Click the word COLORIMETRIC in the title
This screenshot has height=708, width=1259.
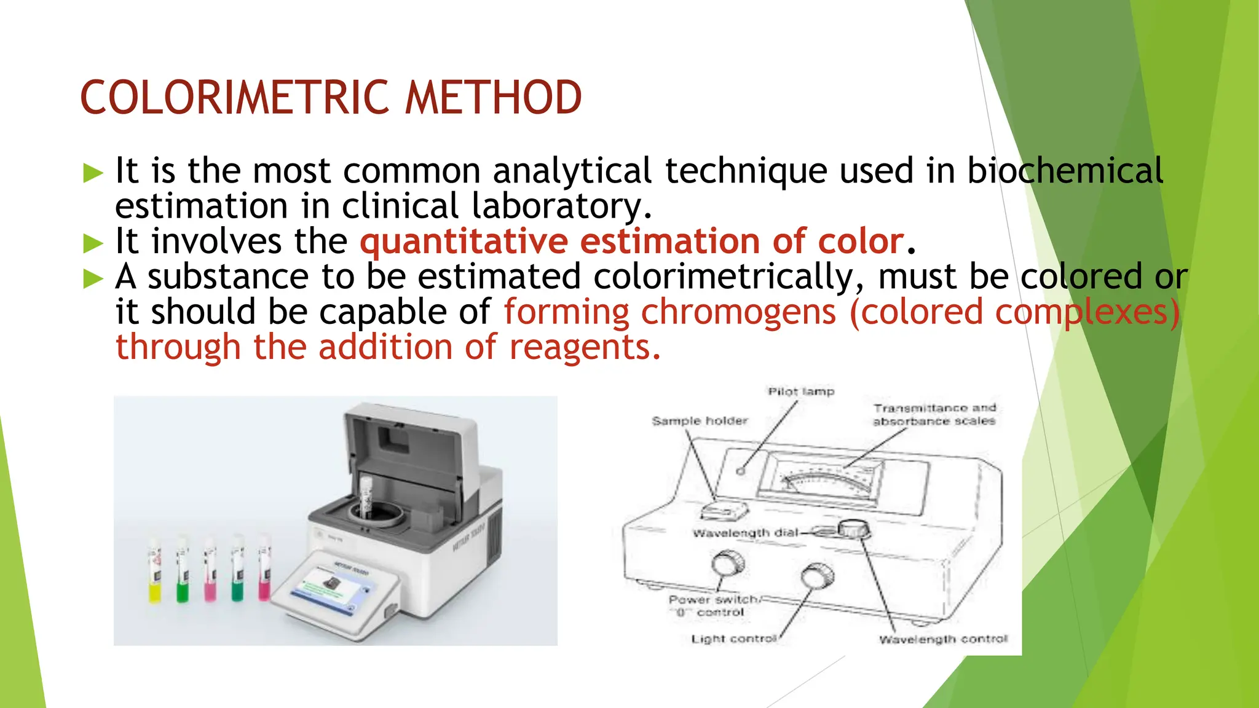235,98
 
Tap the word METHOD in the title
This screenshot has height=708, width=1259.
493,98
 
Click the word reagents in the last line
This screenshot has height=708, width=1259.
585,347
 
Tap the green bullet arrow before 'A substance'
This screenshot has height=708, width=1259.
93,279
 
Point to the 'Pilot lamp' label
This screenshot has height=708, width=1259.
800,391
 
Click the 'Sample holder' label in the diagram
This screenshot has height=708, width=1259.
700,421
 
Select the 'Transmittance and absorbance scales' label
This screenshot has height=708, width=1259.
934,414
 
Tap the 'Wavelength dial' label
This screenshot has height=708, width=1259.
744,533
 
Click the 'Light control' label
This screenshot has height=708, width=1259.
734,639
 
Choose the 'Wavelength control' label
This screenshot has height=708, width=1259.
943,639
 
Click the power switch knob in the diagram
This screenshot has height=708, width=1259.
728,562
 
